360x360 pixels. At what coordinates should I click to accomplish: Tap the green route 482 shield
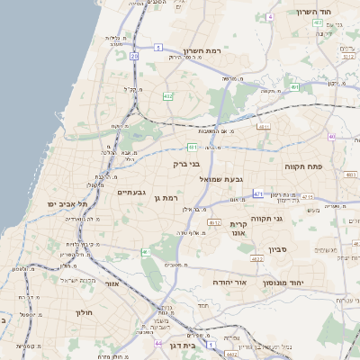tap(167, 95)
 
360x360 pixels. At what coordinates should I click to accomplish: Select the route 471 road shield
tap(258, 193)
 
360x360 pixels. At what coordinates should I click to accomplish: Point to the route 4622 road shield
tap(256, 259)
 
